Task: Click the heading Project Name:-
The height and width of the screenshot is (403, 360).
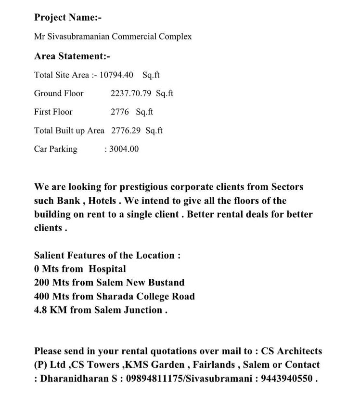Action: pyautogui.click(x=68, y=17)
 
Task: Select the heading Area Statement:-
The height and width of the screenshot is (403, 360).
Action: pyautogui.click(x=72, y=56)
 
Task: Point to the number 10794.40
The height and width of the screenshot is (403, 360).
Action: pyautogui.click(x=116, y=75)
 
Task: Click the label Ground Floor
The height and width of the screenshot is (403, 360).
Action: pyautogui.click(x=59, y=93)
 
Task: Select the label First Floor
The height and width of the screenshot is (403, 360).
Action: pyautogui.click(x=53, y=112)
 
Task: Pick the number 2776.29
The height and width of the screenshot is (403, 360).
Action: pyautogui.click(x=126, y=130)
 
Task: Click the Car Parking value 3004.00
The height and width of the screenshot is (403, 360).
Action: pyautogui.click(x=124, y=149)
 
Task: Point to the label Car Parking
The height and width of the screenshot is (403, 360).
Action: pyautogui.click(x=55, y=149)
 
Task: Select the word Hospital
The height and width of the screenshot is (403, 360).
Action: pyautogui.click(x=107, y=269)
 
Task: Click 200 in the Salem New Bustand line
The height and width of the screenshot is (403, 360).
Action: pyautogui.click(x=42, y=283)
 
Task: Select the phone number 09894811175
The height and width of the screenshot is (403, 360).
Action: pyautogui.click(x=154, y=378)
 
